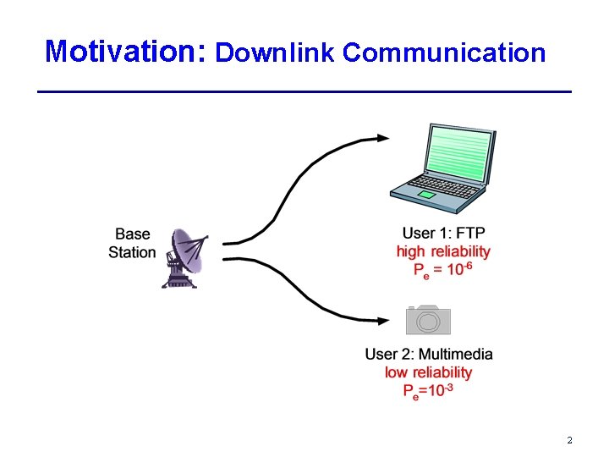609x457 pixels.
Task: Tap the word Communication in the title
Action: coord(444,53)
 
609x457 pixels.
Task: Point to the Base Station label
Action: coord(132,243)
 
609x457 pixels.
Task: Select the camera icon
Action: coord(428,320)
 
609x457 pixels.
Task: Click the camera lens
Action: coord(428,322)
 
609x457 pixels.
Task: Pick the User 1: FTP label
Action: coord(444,234)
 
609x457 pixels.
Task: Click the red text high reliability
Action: coord(443,251)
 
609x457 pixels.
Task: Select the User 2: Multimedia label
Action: coord(429,354)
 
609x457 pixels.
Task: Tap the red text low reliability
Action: coord(429,372)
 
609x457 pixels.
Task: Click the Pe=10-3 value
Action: coord(429,390)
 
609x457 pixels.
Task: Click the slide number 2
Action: coord(569,440)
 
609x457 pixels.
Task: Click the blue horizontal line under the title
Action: coord(304,91)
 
